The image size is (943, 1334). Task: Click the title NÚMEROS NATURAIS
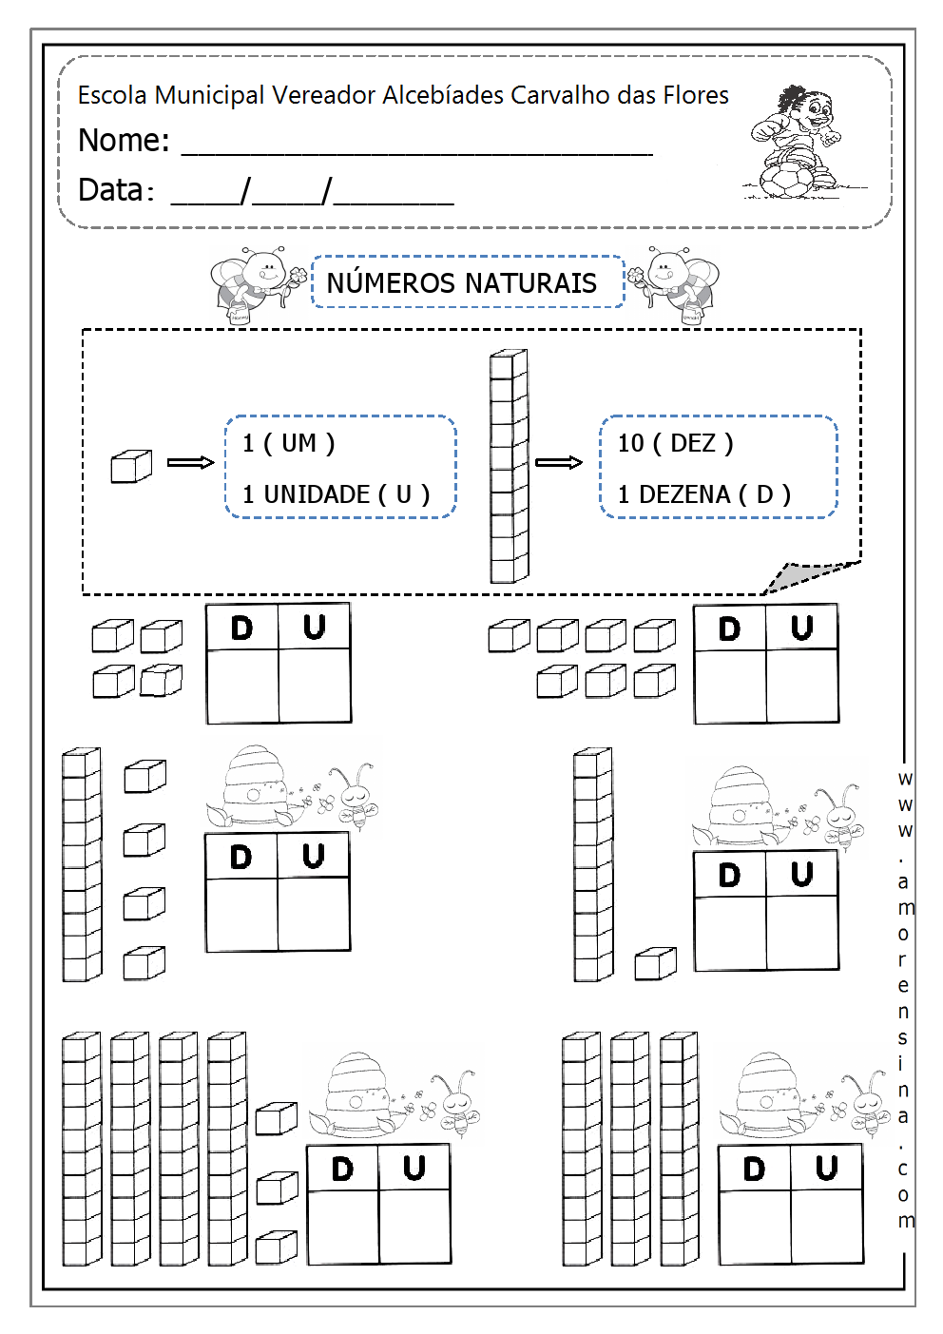[462, 283]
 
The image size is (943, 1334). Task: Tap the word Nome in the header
[121, 141]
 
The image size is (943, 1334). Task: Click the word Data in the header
[111, 190]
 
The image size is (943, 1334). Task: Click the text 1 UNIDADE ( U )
[336, 494]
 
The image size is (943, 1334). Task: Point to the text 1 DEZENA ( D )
[703, 494]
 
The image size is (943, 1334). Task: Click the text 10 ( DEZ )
[675, 443]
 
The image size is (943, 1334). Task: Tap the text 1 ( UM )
[288, 443]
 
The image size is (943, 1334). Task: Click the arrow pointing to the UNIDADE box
[190, 462]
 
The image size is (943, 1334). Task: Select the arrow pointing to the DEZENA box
[558, 462]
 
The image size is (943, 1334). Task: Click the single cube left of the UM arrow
[131, 466]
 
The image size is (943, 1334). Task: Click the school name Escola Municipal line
[403, 95]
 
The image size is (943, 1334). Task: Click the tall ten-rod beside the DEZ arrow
[509, 466]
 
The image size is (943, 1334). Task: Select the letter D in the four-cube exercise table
[242, 628]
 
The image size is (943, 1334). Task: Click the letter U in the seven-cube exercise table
[802, 628]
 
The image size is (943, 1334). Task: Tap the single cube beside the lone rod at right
[655, 963]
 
